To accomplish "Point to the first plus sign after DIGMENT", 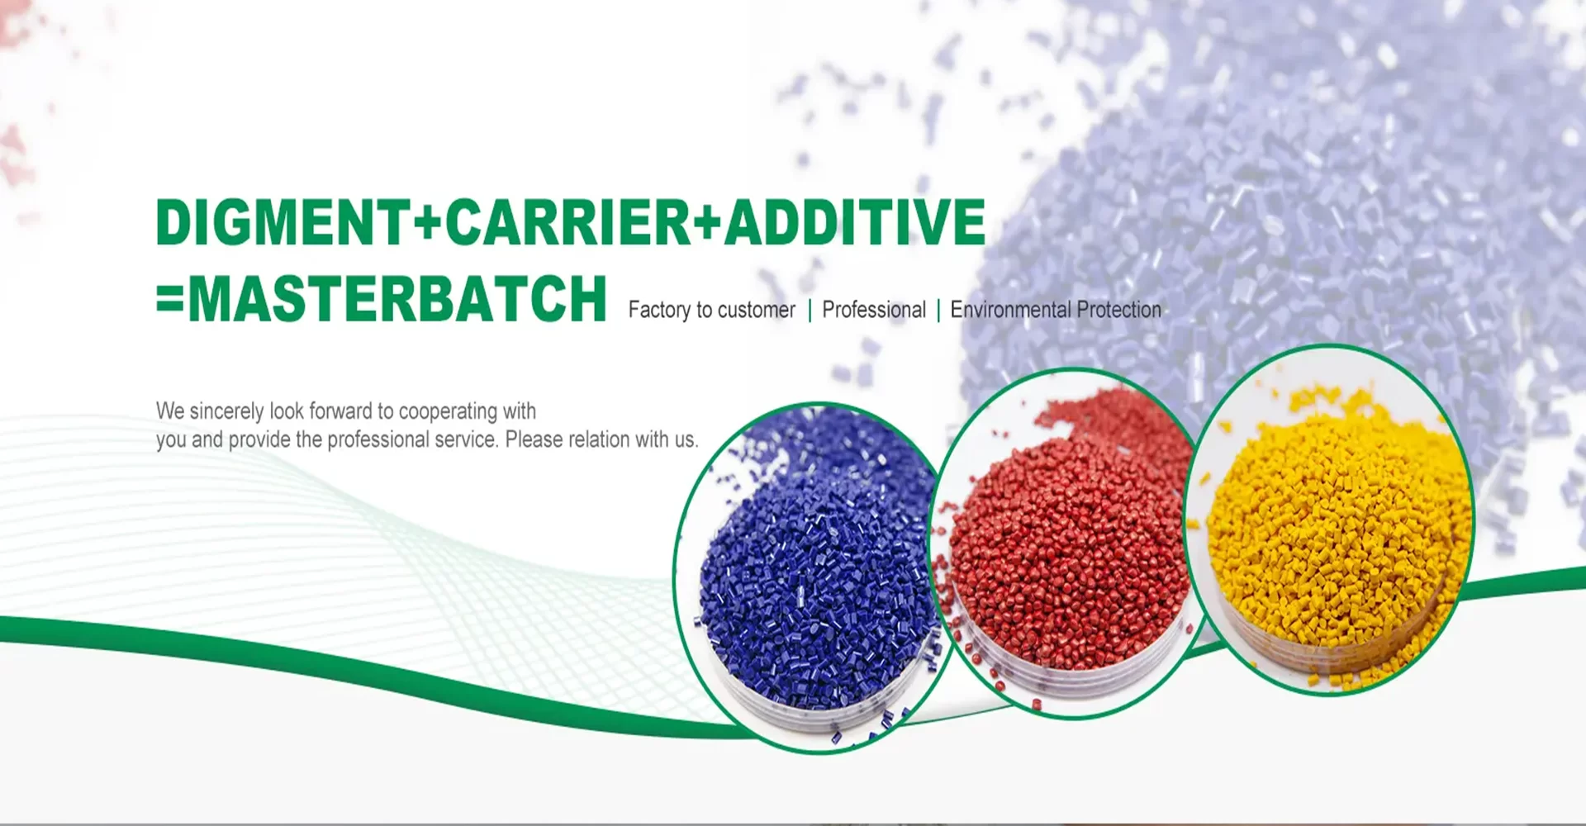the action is pyautogui.click(x=427, y=223).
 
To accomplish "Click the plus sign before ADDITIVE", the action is pyautogui.click(x=708, y=223).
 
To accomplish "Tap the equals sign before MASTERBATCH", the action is pyautogui.click(x=171, y=300).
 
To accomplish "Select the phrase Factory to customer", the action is pyautogui.click(x=711, y=310).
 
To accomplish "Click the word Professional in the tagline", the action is pyautogui.click(x=874, y=310).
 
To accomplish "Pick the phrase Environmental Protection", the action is pyautogui.click(x=1056, y=310).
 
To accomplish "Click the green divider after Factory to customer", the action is pyautogui.click(x=810, y=311).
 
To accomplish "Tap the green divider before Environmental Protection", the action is pyautogui.click(x=938, y=311).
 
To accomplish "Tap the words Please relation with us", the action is pyautogui.click(x=601, y=439).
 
